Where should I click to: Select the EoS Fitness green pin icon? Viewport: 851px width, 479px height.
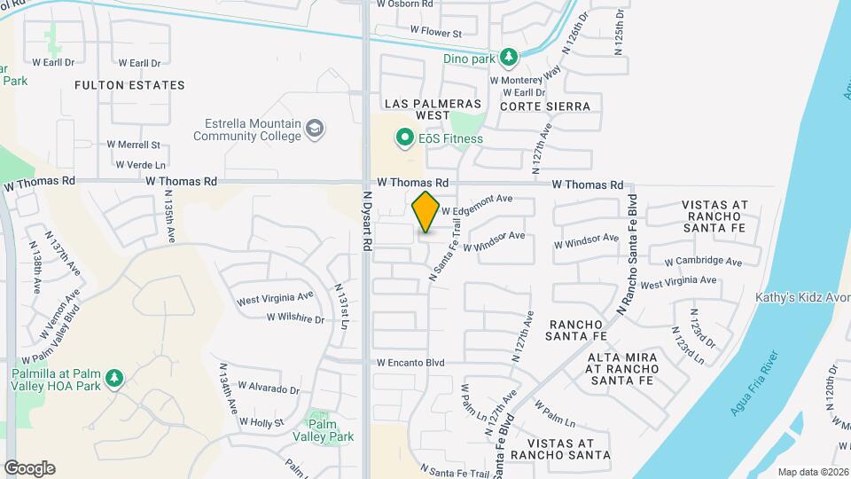coord(405,137)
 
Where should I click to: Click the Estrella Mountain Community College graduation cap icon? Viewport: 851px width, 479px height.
coord(314,130)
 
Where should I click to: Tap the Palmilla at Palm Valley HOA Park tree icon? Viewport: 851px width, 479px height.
coord(113,379)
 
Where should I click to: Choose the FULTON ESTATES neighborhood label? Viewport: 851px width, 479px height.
coord(130,85)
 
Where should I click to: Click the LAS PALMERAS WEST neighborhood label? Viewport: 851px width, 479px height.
coord(433,109)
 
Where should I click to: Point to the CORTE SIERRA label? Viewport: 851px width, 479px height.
coord(544,106)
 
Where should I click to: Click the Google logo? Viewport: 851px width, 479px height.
coord(29,468)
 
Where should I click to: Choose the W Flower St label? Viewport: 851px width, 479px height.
coord(436,33)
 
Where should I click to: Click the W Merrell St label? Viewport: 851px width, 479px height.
coord(133,144)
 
